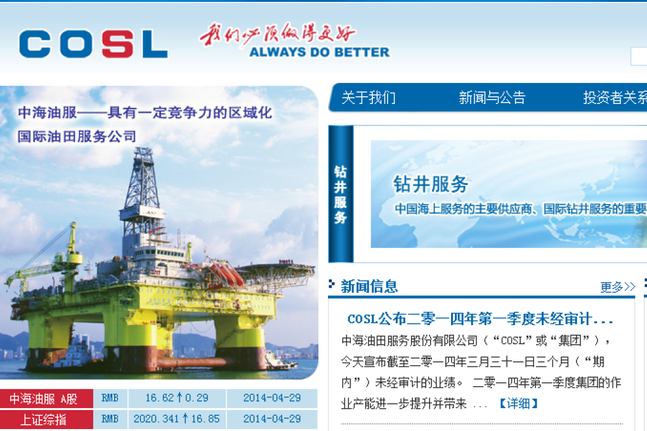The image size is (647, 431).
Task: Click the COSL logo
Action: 93,44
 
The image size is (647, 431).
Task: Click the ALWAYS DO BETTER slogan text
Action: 319,52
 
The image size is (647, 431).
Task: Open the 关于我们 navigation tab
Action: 369,98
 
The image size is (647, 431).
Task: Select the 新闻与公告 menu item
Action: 492,98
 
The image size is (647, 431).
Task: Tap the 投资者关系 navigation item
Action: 614,98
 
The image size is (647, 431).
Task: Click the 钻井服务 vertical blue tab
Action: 341,194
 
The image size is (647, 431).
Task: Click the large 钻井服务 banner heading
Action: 431,184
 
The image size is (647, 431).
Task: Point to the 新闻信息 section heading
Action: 369,286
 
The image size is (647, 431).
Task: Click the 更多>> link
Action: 617,287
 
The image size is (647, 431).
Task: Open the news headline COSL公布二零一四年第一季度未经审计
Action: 480,319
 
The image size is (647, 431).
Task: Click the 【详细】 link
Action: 518,403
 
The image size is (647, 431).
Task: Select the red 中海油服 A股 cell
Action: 46,399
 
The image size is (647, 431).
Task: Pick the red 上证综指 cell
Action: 46,419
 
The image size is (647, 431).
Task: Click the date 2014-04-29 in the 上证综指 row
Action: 271,419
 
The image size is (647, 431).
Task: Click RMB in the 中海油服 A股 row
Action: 110,399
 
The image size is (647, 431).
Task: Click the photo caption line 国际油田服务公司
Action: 77,136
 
